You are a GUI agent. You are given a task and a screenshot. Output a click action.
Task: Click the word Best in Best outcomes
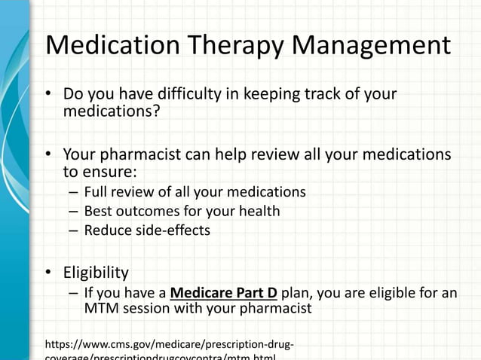98,212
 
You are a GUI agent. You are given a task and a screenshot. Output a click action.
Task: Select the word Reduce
109,230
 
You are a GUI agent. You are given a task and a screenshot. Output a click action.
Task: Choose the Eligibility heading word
96,272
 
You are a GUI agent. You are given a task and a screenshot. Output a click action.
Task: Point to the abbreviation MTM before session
100,309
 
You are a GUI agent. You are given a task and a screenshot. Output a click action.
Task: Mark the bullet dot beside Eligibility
49,273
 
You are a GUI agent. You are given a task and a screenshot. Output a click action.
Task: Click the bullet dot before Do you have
49,96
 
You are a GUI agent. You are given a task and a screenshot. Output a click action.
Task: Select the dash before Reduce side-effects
72,230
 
